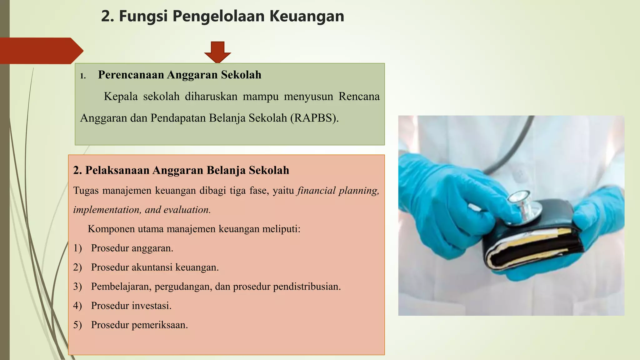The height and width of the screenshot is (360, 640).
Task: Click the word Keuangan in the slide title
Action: [307, 16]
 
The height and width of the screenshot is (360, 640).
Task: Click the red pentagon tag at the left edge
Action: [39, 51]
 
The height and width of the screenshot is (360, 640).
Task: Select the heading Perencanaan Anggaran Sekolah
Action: [179, 75]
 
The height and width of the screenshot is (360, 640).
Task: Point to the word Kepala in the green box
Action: [121, 97]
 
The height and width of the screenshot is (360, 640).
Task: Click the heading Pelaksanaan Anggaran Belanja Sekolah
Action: [181, 170]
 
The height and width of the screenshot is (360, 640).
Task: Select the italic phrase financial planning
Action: [338, 191]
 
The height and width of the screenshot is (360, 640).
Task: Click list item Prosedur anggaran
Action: [132, 248]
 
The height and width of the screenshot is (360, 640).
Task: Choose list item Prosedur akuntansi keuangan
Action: [155, 267]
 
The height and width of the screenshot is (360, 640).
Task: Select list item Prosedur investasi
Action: [131, 306]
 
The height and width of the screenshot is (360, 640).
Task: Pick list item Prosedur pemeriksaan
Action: [139, 325]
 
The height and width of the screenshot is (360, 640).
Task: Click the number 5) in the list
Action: [77, 325]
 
